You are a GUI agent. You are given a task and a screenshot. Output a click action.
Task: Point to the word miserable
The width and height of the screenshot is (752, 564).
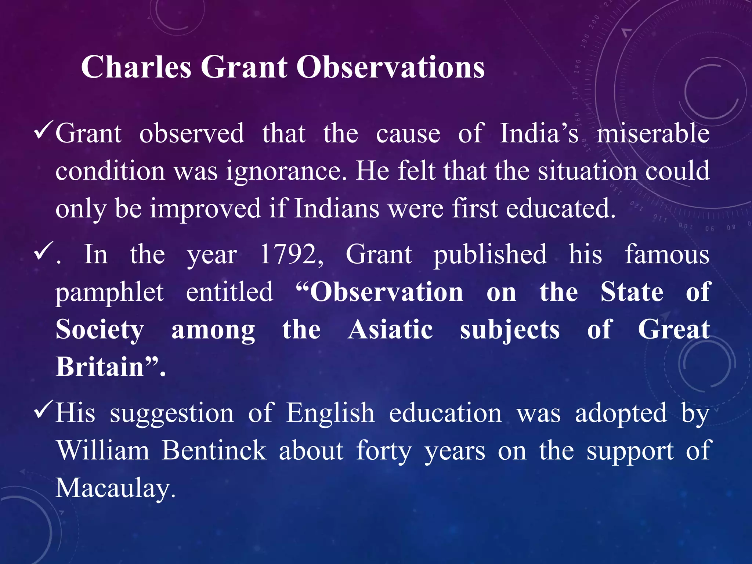click(652, 133)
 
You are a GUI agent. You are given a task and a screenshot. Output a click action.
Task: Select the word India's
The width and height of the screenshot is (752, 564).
click(539, 133)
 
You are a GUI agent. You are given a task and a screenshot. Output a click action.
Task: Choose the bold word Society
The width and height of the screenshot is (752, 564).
click(100, 330)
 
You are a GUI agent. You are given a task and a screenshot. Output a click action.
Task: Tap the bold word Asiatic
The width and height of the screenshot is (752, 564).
click(390, 329)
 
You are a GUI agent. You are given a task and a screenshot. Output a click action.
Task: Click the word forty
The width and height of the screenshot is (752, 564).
click(384, 451)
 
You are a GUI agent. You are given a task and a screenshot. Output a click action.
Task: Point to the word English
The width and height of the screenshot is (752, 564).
click(330, 413)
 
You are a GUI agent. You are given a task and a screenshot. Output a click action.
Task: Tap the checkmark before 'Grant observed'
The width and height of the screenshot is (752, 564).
click(44, 131)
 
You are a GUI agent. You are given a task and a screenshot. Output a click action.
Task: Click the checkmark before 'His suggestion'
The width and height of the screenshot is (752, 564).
click(44, 411)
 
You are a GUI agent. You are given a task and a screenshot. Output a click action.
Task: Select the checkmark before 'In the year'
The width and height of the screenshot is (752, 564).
click(44, 252)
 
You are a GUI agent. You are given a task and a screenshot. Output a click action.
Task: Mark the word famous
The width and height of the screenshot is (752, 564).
click(667, 254)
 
